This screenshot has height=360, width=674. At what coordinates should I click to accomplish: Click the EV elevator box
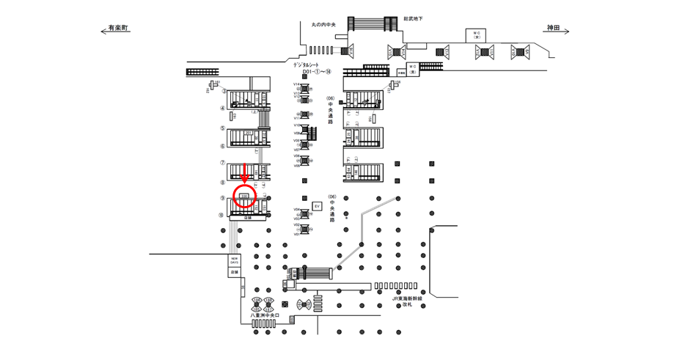point(317,207)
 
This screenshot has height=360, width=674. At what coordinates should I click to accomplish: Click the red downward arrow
point(245,174)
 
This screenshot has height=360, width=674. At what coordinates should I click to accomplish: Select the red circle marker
point(245,196)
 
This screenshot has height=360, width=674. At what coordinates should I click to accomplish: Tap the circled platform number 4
point(222,109)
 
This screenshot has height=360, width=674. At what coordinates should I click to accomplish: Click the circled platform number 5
point(222,128)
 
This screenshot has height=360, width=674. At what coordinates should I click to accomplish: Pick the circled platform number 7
point(222,163)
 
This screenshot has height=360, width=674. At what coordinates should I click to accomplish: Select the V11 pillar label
point(296,117)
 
